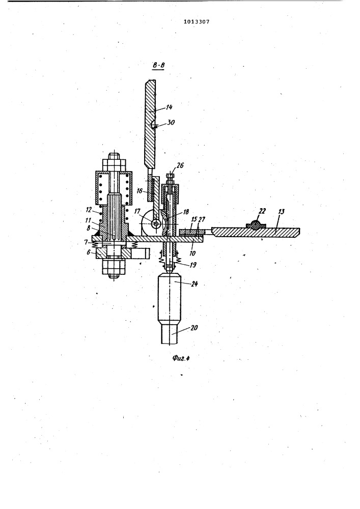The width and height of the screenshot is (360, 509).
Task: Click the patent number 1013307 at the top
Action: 197,22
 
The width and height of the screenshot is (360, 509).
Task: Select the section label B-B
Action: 159,66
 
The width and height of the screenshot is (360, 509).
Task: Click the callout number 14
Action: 169,107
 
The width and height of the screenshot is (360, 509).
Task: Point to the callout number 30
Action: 171,122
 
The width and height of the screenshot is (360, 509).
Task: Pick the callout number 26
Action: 180,165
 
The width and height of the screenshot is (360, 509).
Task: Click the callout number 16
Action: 139,191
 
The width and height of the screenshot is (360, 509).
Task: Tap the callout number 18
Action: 186,212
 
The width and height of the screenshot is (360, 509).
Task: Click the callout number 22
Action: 262,211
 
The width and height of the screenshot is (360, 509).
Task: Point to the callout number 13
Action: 281,212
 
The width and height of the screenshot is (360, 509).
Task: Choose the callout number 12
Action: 89,210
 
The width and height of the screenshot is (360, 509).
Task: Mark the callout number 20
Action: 194,327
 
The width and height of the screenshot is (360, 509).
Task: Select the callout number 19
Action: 192,265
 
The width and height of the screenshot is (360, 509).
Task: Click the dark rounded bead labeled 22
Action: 257,225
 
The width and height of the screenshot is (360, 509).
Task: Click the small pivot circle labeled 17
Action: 156,223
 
